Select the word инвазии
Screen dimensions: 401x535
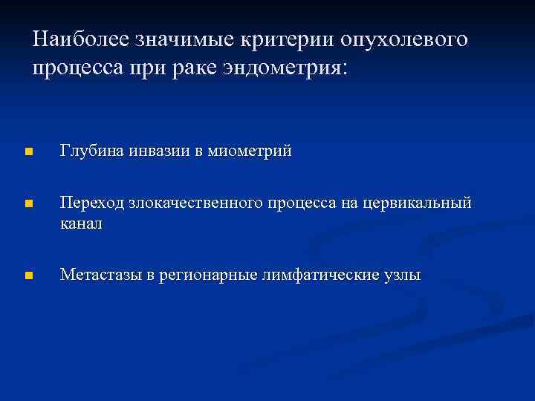point(161,151)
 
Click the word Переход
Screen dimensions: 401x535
point(92,203)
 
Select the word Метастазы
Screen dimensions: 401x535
point(100,276)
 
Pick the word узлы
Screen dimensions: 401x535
point(402,276)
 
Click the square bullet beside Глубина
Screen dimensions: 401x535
point(27,152)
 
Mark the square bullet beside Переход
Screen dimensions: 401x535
point(27,204)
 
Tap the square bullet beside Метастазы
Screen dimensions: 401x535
point(27,276)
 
